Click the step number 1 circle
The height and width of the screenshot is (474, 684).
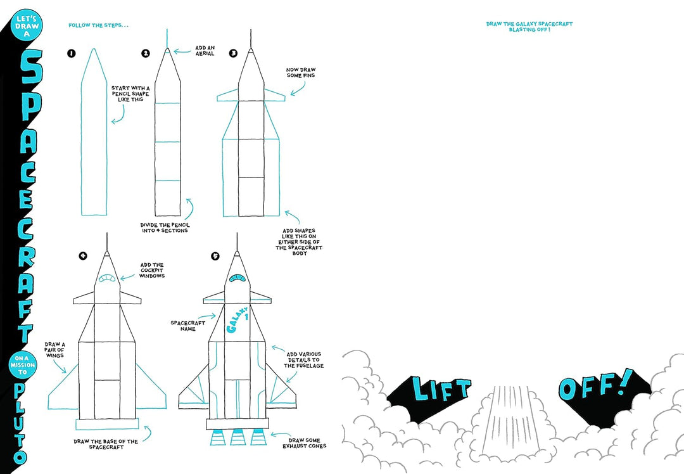[72, 54]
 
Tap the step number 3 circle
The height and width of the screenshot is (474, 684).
[233, 54]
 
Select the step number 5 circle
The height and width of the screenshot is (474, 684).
[215, 256]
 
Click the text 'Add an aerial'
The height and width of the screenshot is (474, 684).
[205, 51]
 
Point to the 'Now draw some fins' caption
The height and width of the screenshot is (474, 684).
[300, 72]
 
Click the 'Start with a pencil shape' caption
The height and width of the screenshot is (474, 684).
[131, 94]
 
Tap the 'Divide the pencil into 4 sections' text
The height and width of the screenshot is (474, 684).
[164, 227]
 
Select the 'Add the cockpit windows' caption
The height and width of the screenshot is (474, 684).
[152, 271]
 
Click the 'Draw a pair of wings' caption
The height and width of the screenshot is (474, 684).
[54, 349]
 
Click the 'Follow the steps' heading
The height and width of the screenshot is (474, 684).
[98, 25]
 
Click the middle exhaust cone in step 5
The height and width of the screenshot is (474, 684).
[237, 437]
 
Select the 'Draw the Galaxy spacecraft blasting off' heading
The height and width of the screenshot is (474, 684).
[529, 27]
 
